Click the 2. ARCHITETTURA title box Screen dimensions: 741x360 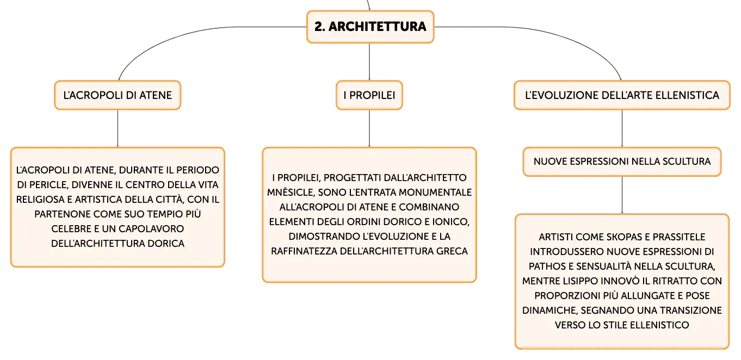click(x=370, y=27)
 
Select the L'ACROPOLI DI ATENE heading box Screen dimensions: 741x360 click(x=118, y=95)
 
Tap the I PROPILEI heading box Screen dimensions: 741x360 click(x=369, y=95)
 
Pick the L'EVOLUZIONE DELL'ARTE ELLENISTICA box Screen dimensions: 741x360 click(x=622, y=95)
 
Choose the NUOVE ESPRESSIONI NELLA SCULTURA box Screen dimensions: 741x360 click(x=622, y=162)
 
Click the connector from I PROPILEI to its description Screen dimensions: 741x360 click(x=369, y=128)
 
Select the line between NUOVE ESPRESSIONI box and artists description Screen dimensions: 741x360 click(x=622, y=195)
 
